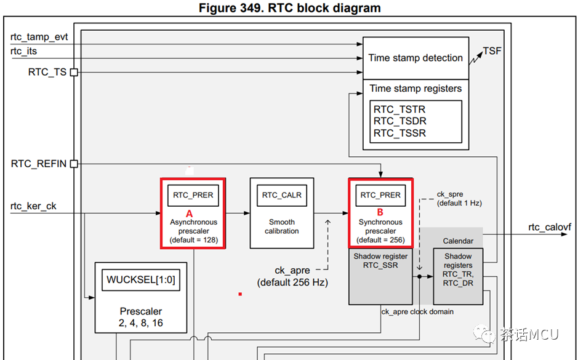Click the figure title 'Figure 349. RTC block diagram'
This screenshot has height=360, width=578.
(289, 8)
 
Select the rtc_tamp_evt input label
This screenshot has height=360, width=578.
(39, 37)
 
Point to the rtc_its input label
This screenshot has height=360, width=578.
(24, 51)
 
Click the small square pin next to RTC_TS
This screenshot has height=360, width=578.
(74, 72)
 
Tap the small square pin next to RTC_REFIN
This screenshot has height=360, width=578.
(74, 164)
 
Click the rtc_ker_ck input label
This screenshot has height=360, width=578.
(33, 206)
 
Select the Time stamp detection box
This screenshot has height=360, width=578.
(415, 58)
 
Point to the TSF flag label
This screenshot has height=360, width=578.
(492, 50)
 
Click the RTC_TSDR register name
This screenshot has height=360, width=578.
(399, 121)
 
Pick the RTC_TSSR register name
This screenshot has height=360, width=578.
(399, 133)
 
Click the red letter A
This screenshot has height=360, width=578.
(190, 210)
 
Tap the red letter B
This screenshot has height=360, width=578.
(380, 210)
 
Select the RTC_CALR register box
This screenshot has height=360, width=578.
(282, 195)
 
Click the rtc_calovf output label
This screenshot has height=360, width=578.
(549, 227)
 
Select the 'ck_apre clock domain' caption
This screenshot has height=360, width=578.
(417, 312)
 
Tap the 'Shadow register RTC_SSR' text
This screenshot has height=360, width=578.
(380, 261)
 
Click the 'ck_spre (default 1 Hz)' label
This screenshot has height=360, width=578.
(459, 198)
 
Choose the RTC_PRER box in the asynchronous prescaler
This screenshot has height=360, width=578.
(193, 195)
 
